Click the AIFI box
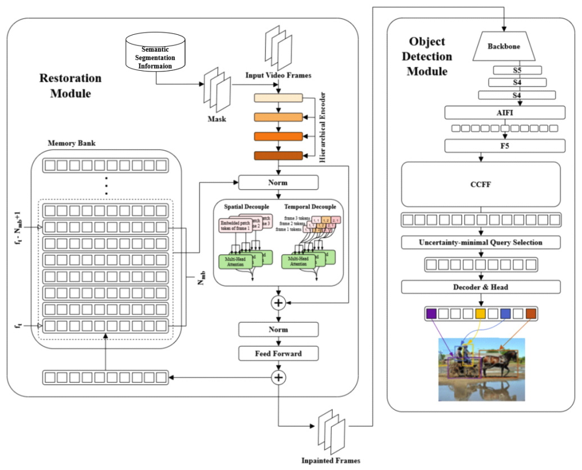(x=504, y=112)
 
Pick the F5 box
(x=504, y=146)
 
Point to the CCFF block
(x=481, y=184)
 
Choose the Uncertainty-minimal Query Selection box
(x=481, y=242)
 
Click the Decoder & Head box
(x=481, y=287)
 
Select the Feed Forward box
(x=278, y=353)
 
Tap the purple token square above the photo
(x=431, y=314)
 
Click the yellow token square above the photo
(x=480, y=314)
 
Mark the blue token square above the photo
(x=505, y=314)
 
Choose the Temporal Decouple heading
(x=310, y=206)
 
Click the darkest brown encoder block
(x=278, y=156)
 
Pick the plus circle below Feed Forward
(x=278, y=377)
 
